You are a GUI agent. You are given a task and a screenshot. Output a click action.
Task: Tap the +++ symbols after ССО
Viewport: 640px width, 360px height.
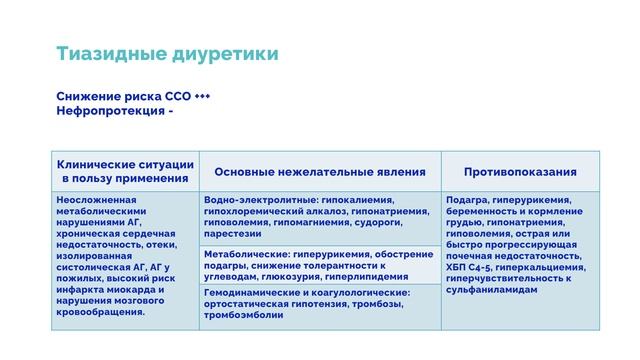[x=202, y=96]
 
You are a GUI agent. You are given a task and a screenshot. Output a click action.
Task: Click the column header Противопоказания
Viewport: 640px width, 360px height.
[x=520, y=171]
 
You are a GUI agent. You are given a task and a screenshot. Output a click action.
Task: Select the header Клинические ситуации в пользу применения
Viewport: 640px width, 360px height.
[x=124, y=171]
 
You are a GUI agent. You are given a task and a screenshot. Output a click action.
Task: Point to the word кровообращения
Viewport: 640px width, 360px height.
[x=101, y=311]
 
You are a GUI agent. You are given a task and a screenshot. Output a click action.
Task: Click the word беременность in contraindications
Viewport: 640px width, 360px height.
[x=483, y=211]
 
